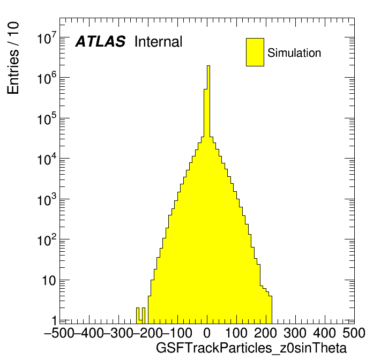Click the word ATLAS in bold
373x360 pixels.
[x=100, y=42]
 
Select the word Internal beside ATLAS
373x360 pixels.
[x=158, y=42]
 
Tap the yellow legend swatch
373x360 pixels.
[x=255, y=52]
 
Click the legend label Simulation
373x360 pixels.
[x=294, y=53]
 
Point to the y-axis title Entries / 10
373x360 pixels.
[x=13, y=58]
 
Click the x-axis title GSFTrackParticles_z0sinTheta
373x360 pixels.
[x=251, y=348]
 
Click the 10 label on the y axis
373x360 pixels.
[x=46, y=281]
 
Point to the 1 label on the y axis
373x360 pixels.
[x=54, y=320]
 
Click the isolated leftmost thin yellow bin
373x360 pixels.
[x=138, y=315]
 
